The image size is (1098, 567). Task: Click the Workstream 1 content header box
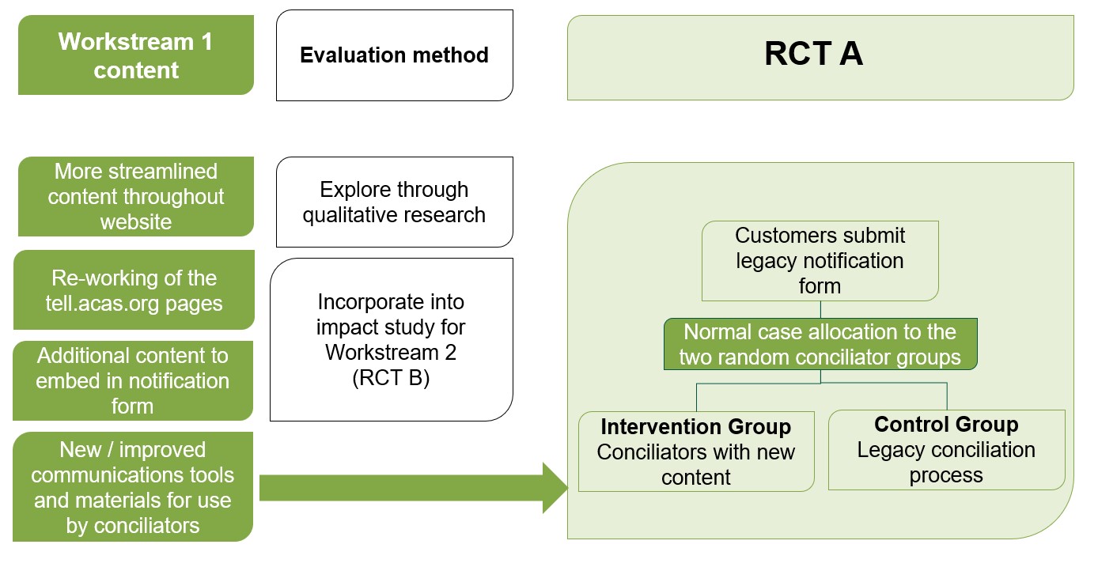tap(135, 55)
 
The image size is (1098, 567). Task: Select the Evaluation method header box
tap(394, 55)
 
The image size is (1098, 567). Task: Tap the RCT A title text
tap(813, 55)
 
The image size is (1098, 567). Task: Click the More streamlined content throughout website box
tap(135, 196)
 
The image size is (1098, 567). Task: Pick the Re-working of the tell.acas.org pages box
tap(134, 290)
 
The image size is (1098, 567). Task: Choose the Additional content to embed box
tap(132, 380)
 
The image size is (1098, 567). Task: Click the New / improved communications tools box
tap(132, 487)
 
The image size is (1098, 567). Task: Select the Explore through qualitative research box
tap(394, 202)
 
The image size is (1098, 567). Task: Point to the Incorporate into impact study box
tap(391, 340)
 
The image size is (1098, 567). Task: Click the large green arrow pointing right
tap(411, 488)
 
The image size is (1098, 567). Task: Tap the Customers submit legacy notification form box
tap(820, 261)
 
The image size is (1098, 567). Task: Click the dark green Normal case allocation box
tap(820, 344)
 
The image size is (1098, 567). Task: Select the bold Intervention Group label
tap(695, 427)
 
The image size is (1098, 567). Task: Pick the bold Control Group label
tap(946, 425)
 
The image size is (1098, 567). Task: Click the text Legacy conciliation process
tap(946, 463)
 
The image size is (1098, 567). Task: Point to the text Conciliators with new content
tap(695, 465)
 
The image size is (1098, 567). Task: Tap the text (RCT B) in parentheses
tap(391, 378)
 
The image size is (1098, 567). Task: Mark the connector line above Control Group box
tap(946, 395)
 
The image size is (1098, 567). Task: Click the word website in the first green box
tap(135, 221)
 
